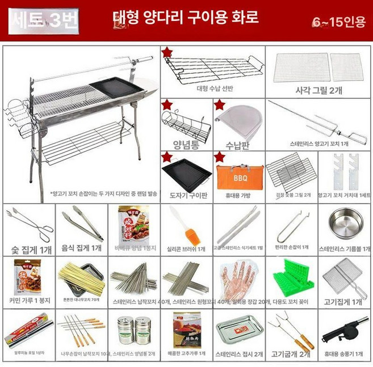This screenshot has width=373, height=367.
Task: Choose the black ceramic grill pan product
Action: click(186, 175)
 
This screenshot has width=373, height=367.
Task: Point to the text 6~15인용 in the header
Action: click(338, 22)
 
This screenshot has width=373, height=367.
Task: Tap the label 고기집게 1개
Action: click(345, 301)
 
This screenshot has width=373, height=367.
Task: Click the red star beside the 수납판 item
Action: click(219, 104)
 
